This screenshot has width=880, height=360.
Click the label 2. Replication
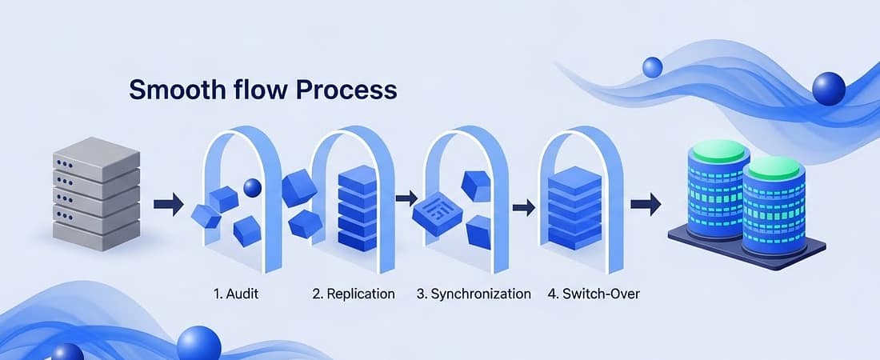(x=353, y=294)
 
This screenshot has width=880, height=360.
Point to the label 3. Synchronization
(x=474, y=294)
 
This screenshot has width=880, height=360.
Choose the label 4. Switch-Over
(x=594, y=294)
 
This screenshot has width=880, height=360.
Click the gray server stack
(x=96, y=194)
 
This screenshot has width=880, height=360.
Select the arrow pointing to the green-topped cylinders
(x=646, y=204)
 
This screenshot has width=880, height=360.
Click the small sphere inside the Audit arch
(x=253, y=187)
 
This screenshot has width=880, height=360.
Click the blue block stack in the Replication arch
(x=358, y=208)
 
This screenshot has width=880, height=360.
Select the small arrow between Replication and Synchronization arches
(x=406, y=198)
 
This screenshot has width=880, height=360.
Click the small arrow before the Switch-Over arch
(x=524, y=208)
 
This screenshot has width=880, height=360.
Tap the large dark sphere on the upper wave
(x=828, y=89)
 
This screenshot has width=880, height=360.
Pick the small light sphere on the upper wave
(x=652, y=67)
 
